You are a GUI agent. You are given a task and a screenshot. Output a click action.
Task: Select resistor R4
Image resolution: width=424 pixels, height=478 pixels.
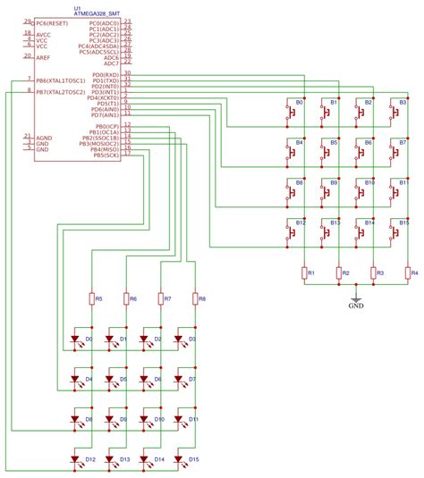click(407, 273)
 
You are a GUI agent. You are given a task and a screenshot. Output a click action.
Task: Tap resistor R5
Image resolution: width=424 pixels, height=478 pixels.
click(92, 298)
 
